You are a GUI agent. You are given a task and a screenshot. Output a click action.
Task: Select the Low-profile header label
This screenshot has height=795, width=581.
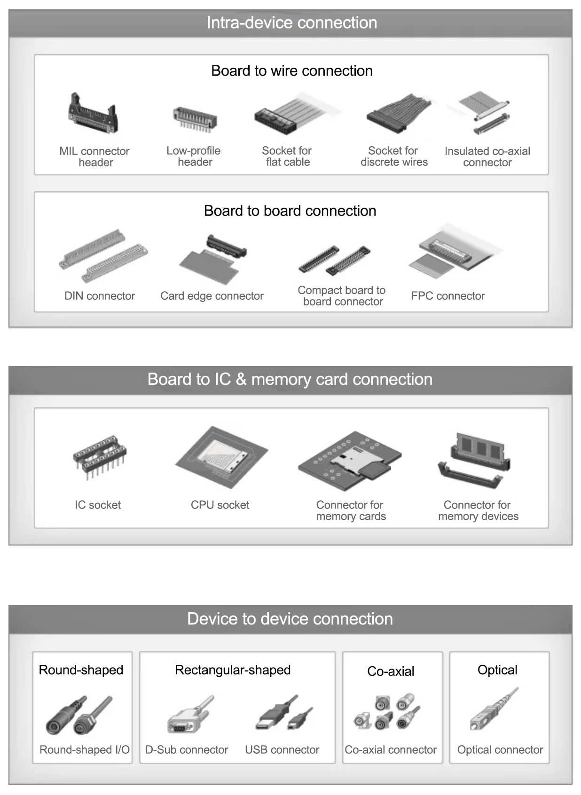194,156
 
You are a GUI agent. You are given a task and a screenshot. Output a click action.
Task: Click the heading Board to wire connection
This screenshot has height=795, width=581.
291,71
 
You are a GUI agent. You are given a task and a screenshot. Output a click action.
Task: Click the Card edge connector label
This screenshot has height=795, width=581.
212,296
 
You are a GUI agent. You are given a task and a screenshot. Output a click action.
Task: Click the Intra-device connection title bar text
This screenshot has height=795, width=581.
291,23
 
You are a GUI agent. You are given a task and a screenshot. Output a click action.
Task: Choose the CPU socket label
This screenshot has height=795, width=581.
220,505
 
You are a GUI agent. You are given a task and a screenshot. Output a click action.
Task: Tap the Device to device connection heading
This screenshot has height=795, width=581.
290,619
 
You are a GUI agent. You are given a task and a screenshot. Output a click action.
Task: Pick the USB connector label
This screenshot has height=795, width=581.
282,750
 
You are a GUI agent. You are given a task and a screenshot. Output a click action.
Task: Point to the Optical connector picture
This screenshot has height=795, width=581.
493,710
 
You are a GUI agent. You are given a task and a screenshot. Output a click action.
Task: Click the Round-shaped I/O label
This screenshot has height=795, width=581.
84,750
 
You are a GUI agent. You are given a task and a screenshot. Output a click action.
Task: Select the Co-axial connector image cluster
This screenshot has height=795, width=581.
387,712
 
